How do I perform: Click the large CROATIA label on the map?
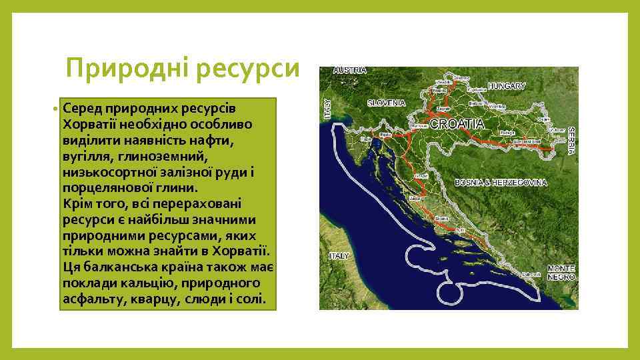coord(457,124)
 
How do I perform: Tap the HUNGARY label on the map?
coord(507,86)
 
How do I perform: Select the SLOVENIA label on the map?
coord(386,103)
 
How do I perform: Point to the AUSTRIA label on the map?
coord(350,70)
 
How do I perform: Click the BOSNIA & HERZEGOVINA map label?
coord(501,182)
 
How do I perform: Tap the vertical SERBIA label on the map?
coord(571,141)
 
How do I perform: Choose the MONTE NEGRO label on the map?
coord(561,272)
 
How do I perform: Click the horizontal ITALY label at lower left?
coord(339,256)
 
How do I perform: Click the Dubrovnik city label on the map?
coord(531,274)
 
